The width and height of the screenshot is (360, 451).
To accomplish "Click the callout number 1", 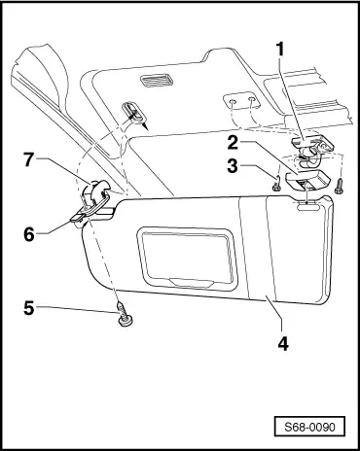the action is (x=279, y=50).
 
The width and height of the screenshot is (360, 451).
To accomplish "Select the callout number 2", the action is (x=233, y=143).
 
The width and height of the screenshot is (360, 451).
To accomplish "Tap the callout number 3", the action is (x=233, y=166).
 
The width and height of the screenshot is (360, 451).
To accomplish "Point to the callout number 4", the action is (x=283, y=343).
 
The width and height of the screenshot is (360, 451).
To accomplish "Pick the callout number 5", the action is (x=29, y=308).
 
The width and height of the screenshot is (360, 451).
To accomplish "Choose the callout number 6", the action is (x=29, y=234).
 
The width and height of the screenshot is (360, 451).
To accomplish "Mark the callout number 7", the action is (x=29, y=159).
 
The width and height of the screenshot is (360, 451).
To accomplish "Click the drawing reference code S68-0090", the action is (x=309, y=427).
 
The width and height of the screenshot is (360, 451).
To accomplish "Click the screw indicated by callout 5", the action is (x=124, y=314).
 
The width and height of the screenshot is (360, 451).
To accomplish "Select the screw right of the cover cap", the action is (x=340, y=186).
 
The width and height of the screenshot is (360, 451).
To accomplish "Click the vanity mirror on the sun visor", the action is (x=188, y=258).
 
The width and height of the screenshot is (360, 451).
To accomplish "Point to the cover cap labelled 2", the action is (x=306, y=180).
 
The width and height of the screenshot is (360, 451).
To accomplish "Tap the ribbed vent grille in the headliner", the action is (x=157, y=80).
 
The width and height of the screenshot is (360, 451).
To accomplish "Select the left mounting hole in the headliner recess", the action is (x=233, y=102).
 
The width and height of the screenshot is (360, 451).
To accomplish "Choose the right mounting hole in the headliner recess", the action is (x=251, y=100).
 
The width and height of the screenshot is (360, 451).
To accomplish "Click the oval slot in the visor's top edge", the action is (x=306, y=204).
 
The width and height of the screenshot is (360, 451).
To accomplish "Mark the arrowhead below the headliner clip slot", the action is (x=146, y=126).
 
